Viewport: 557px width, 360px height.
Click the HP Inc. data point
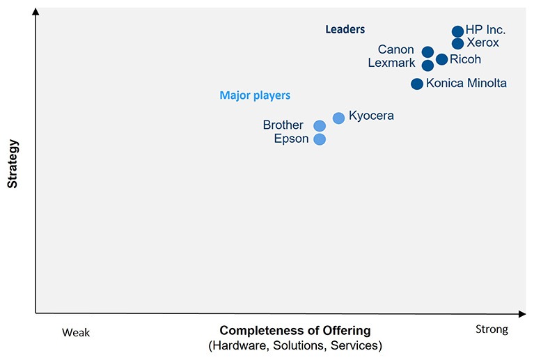457,31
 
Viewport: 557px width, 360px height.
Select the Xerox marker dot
457,44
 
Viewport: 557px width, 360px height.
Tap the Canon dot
427,52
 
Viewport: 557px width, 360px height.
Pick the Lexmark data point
427,65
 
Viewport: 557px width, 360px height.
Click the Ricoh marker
441,59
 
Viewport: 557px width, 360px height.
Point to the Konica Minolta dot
416,84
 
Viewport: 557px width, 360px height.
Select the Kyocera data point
338,118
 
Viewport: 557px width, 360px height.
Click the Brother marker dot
320,126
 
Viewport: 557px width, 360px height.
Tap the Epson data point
320,139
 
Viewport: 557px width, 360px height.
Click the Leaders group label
345,29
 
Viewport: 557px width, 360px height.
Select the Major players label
255,95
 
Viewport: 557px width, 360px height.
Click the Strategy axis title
13,164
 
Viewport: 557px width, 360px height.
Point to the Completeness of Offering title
295,330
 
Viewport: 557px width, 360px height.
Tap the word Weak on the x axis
76,332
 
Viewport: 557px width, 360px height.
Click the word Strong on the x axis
492,329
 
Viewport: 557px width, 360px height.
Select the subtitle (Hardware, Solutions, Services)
295,345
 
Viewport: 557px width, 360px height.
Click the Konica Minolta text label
466,84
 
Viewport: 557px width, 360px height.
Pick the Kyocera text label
371,116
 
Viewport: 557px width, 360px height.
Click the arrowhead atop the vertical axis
36,12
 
